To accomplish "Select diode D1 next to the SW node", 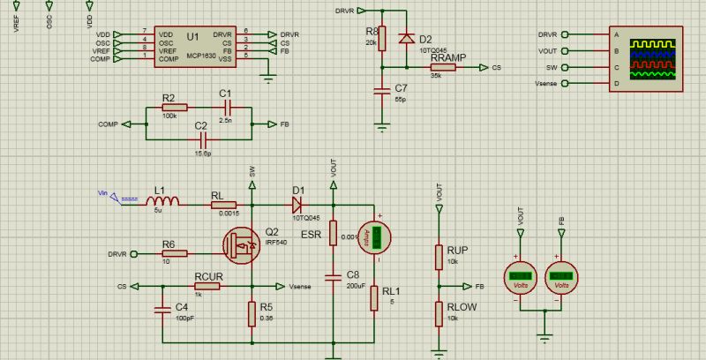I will (298, 204).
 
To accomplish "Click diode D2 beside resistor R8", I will (406, 39).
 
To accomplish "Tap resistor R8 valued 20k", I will (382, 39).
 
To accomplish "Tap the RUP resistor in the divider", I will (439, 256).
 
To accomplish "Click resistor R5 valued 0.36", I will (252, 312).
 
